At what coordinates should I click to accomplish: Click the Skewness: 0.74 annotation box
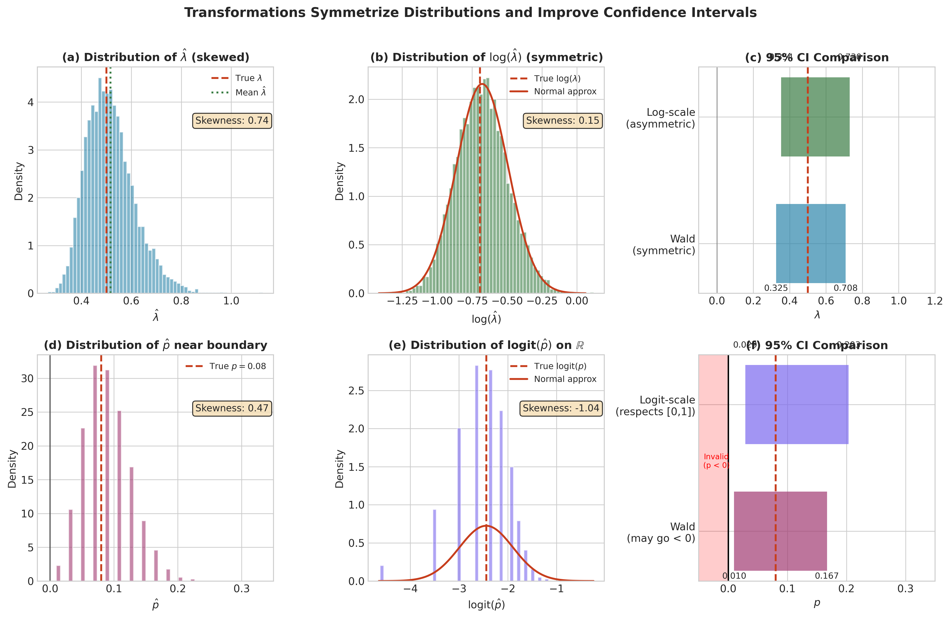pos(232,120)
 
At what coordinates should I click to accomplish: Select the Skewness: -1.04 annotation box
pos(561,408)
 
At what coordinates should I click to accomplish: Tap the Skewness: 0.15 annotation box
pos(562,120)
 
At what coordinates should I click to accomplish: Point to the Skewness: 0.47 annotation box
pos(232,408)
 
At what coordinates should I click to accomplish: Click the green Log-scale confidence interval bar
pos(815,117)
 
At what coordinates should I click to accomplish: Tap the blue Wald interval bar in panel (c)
pos(810,244)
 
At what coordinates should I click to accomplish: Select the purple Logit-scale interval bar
pos(796,404)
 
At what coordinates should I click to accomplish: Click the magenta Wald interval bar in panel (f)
pos(780,531)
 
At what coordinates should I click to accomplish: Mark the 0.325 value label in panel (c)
pos(776,288)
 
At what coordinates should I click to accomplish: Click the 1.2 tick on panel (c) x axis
pos(934,301)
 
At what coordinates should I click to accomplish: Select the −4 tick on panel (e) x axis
pos(410,589)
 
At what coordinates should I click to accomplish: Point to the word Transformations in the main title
pos(245,13)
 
